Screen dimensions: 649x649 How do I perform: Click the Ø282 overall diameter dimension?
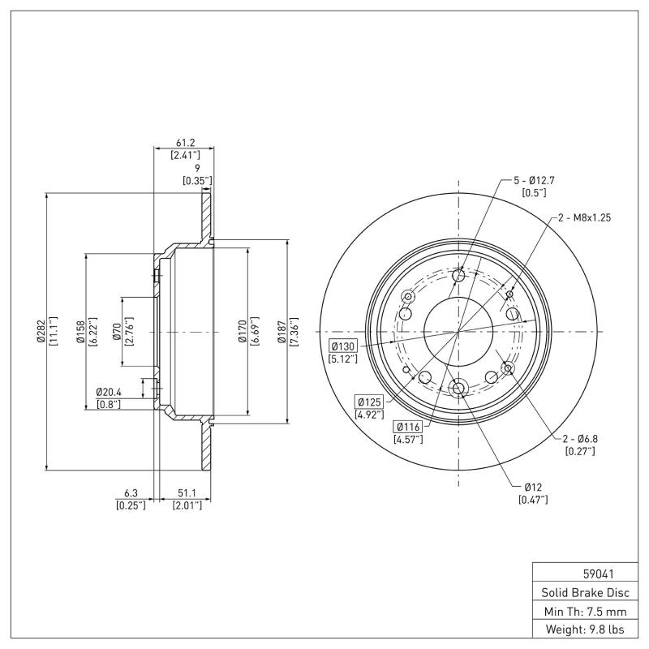click(41, 332)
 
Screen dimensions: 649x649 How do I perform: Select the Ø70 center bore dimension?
click(117, 332)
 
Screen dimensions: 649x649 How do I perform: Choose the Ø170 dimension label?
click(243, 332)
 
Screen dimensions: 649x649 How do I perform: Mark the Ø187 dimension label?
click(282, 332)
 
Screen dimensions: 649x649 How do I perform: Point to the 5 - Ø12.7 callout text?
click(533, 180)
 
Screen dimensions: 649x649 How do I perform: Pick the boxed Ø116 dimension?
click(408, 427)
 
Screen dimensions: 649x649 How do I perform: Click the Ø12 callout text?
click(532, 487)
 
